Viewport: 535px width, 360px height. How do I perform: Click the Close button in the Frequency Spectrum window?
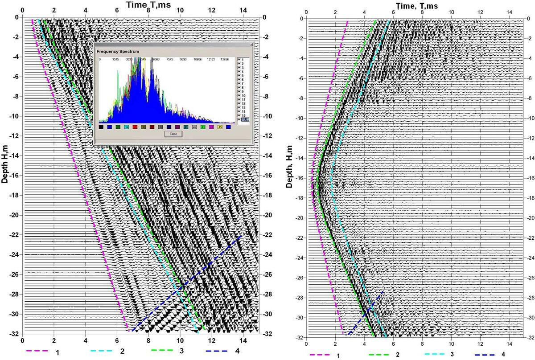pyautogui.click(x=173, y=134)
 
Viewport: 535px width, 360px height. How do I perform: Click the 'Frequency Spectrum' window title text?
pyautogui.click(x=117, y=51)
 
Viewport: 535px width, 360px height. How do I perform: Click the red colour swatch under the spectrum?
pyautogui.click(x=135, y=127)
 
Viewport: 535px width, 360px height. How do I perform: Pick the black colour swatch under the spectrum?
pyautogui.click(x=102, y=127)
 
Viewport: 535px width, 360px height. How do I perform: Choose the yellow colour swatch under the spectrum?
pyautogui.click(x=220, y=127)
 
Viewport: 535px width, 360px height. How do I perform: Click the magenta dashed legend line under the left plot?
pyautogui.click(x=38, y=351)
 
